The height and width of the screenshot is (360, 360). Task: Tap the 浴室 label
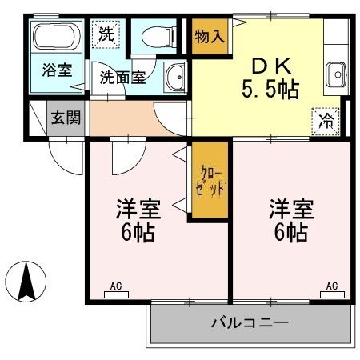click(58, 70)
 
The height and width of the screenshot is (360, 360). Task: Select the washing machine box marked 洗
click(106, 34)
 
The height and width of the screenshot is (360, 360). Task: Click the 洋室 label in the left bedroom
click(138, 210)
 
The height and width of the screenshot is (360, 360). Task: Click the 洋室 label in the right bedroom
click(290, 210)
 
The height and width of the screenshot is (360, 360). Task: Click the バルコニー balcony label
click(250, 324)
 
